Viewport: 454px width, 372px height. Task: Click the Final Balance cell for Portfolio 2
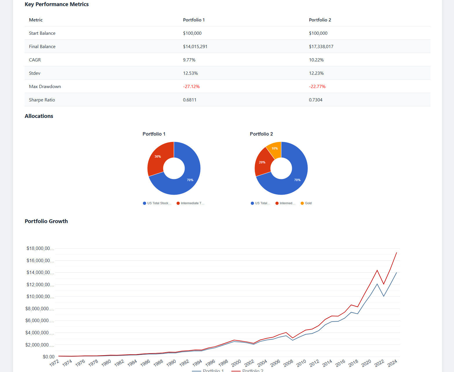(321, 46)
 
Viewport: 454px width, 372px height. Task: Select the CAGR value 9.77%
(189, 60)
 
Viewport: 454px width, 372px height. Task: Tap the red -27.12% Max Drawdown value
(191, 86)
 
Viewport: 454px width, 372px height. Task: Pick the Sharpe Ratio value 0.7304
(315, 100)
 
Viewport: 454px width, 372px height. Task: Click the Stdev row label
(34, 73)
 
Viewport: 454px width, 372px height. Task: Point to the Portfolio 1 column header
(194, 20)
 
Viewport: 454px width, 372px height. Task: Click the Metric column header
(36, 20)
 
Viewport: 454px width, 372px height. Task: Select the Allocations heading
(39, 116)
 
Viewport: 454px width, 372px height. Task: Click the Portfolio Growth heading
(46, 221)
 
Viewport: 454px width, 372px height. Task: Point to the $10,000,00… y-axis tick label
(40, 296)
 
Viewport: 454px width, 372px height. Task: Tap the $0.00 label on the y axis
(48, 357)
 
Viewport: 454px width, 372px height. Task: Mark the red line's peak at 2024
(396, 253)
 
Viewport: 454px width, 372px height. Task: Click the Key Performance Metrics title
(57, 4)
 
